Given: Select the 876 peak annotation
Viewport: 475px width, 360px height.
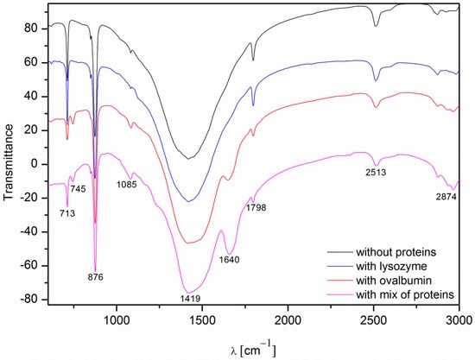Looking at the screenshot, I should pyautogui.click(x=96, y=277).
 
